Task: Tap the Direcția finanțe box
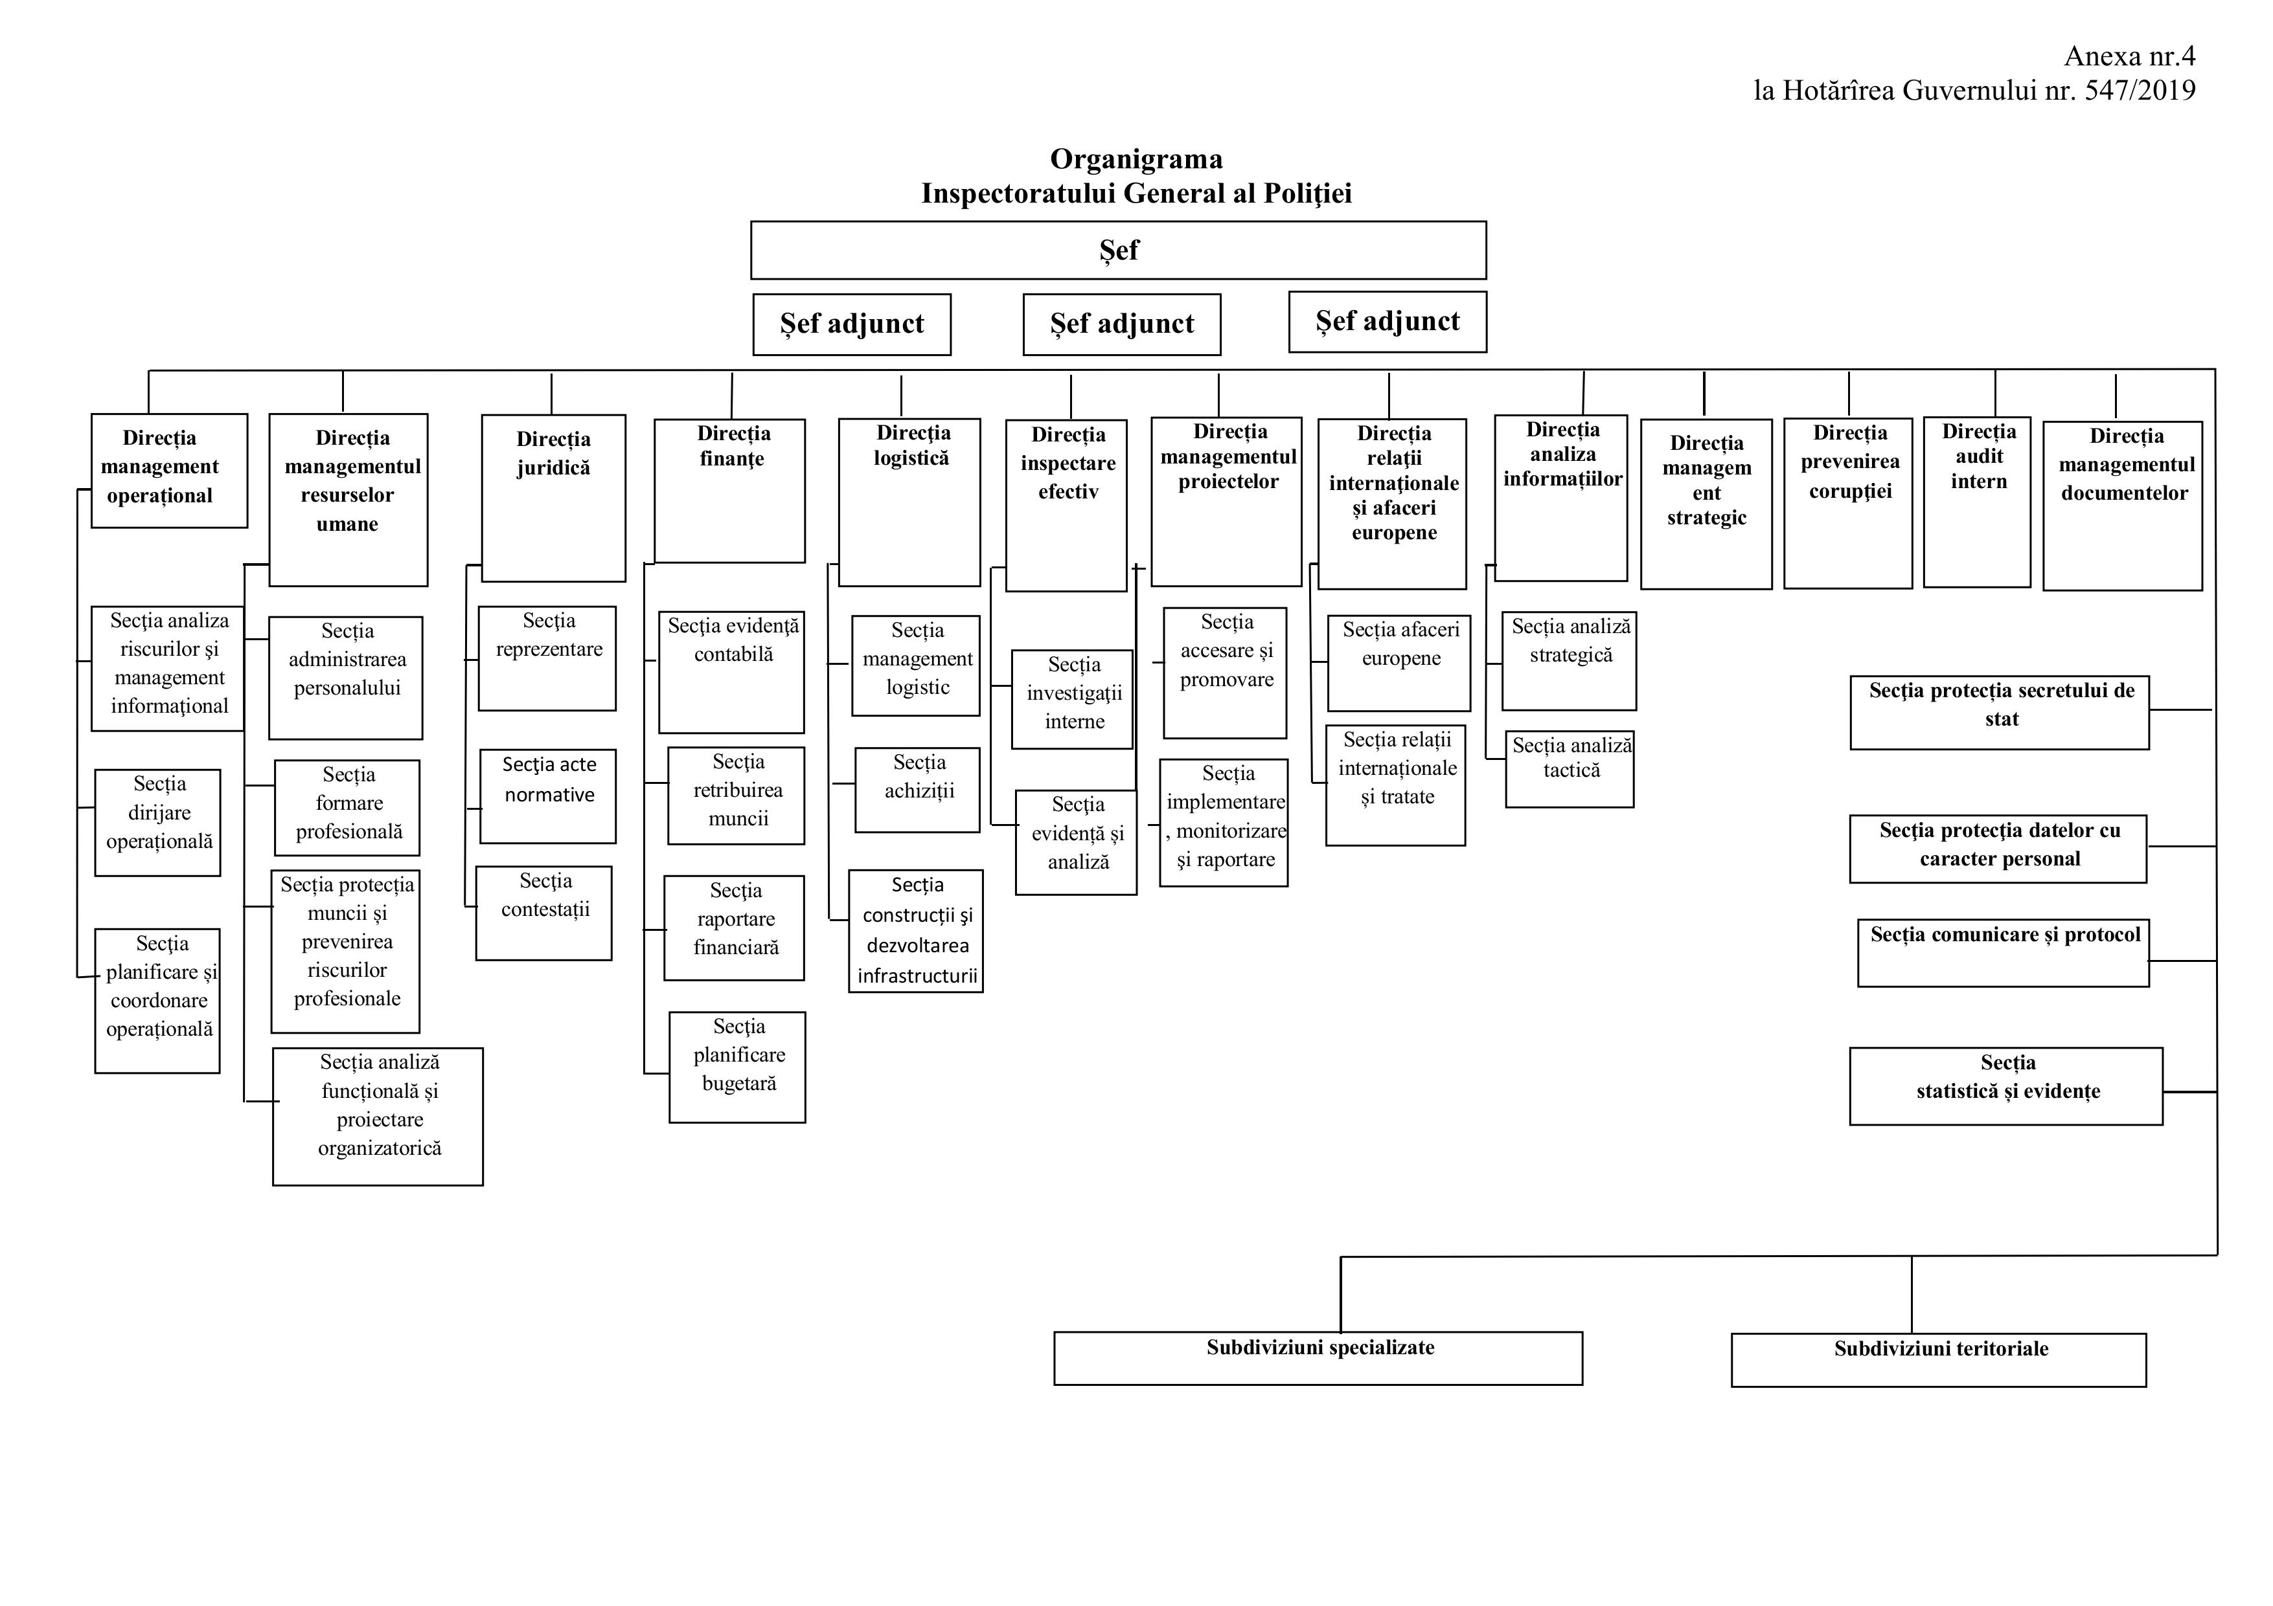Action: pos(729,490)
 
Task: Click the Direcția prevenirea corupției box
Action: pos(1847,503)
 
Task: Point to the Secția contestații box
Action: pos(543,912)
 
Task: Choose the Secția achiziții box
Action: pos(918,790)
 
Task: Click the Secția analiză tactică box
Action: pos(1569,769)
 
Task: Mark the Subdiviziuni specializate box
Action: pos(1318,1357)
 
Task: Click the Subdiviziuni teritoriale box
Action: pos(1938,1359)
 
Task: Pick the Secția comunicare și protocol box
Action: pos(2003,952)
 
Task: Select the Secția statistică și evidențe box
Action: pos(2005,1086)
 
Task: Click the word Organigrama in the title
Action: pos(1136,159)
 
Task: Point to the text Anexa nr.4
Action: pos(2129,56)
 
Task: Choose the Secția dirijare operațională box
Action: pos(157,821)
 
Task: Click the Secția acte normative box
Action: pos(547,795)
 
